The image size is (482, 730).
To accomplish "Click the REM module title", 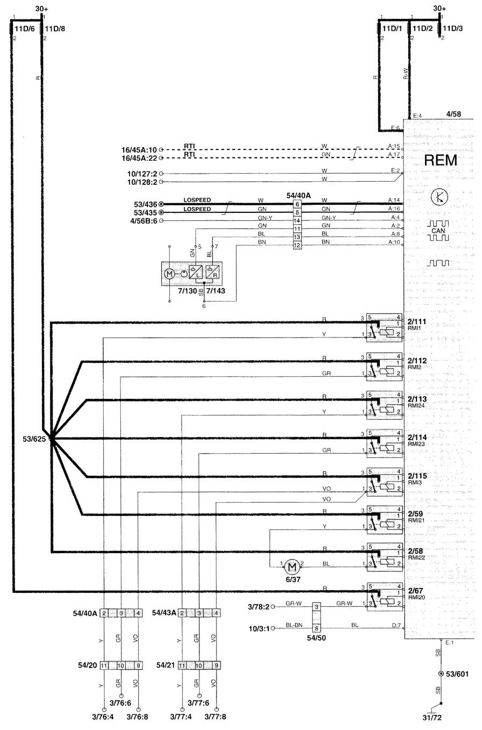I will (440, 160).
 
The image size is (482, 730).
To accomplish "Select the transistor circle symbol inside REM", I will (439, 197).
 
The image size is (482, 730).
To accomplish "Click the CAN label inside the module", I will (438, 231).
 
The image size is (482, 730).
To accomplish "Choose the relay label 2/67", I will (415, 590).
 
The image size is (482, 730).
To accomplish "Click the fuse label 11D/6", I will (25, 28).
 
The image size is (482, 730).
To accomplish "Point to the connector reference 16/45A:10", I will (139, 149).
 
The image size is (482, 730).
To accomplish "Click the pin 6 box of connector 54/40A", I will (297, 204).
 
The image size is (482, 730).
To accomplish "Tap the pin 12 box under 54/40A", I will (297, 245).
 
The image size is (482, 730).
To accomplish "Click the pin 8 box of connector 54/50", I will (317, 628).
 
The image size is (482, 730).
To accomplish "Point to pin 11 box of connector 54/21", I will (182, 665).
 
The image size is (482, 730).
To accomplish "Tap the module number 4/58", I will (453, 114).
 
